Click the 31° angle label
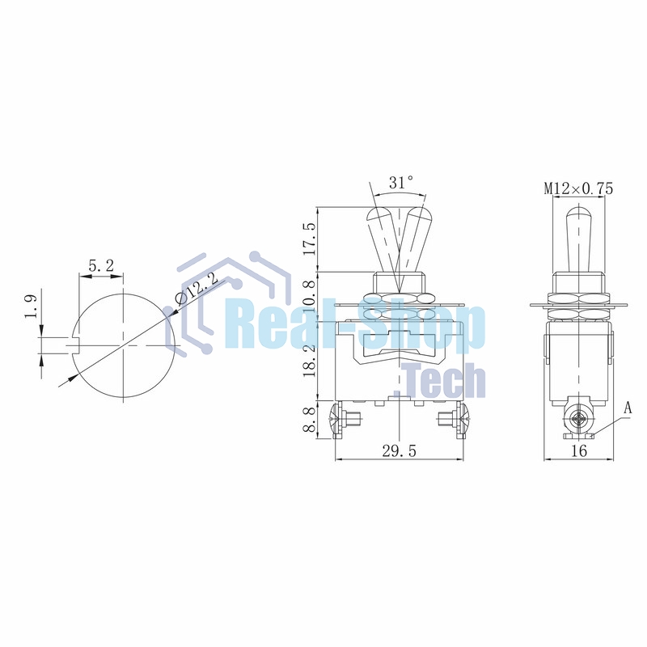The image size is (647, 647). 400,184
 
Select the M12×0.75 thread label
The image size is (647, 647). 578,188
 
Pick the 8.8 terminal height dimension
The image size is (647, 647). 307,421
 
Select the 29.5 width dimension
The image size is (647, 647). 399,451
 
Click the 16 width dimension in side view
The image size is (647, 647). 578,451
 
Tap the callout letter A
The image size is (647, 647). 627,408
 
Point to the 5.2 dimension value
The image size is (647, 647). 100,265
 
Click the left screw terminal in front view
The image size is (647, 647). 344,420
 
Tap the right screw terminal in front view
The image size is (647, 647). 455,420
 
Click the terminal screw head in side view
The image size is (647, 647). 577,420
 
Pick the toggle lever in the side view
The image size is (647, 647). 577,239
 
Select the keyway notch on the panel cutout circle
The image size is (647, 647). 76,345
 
